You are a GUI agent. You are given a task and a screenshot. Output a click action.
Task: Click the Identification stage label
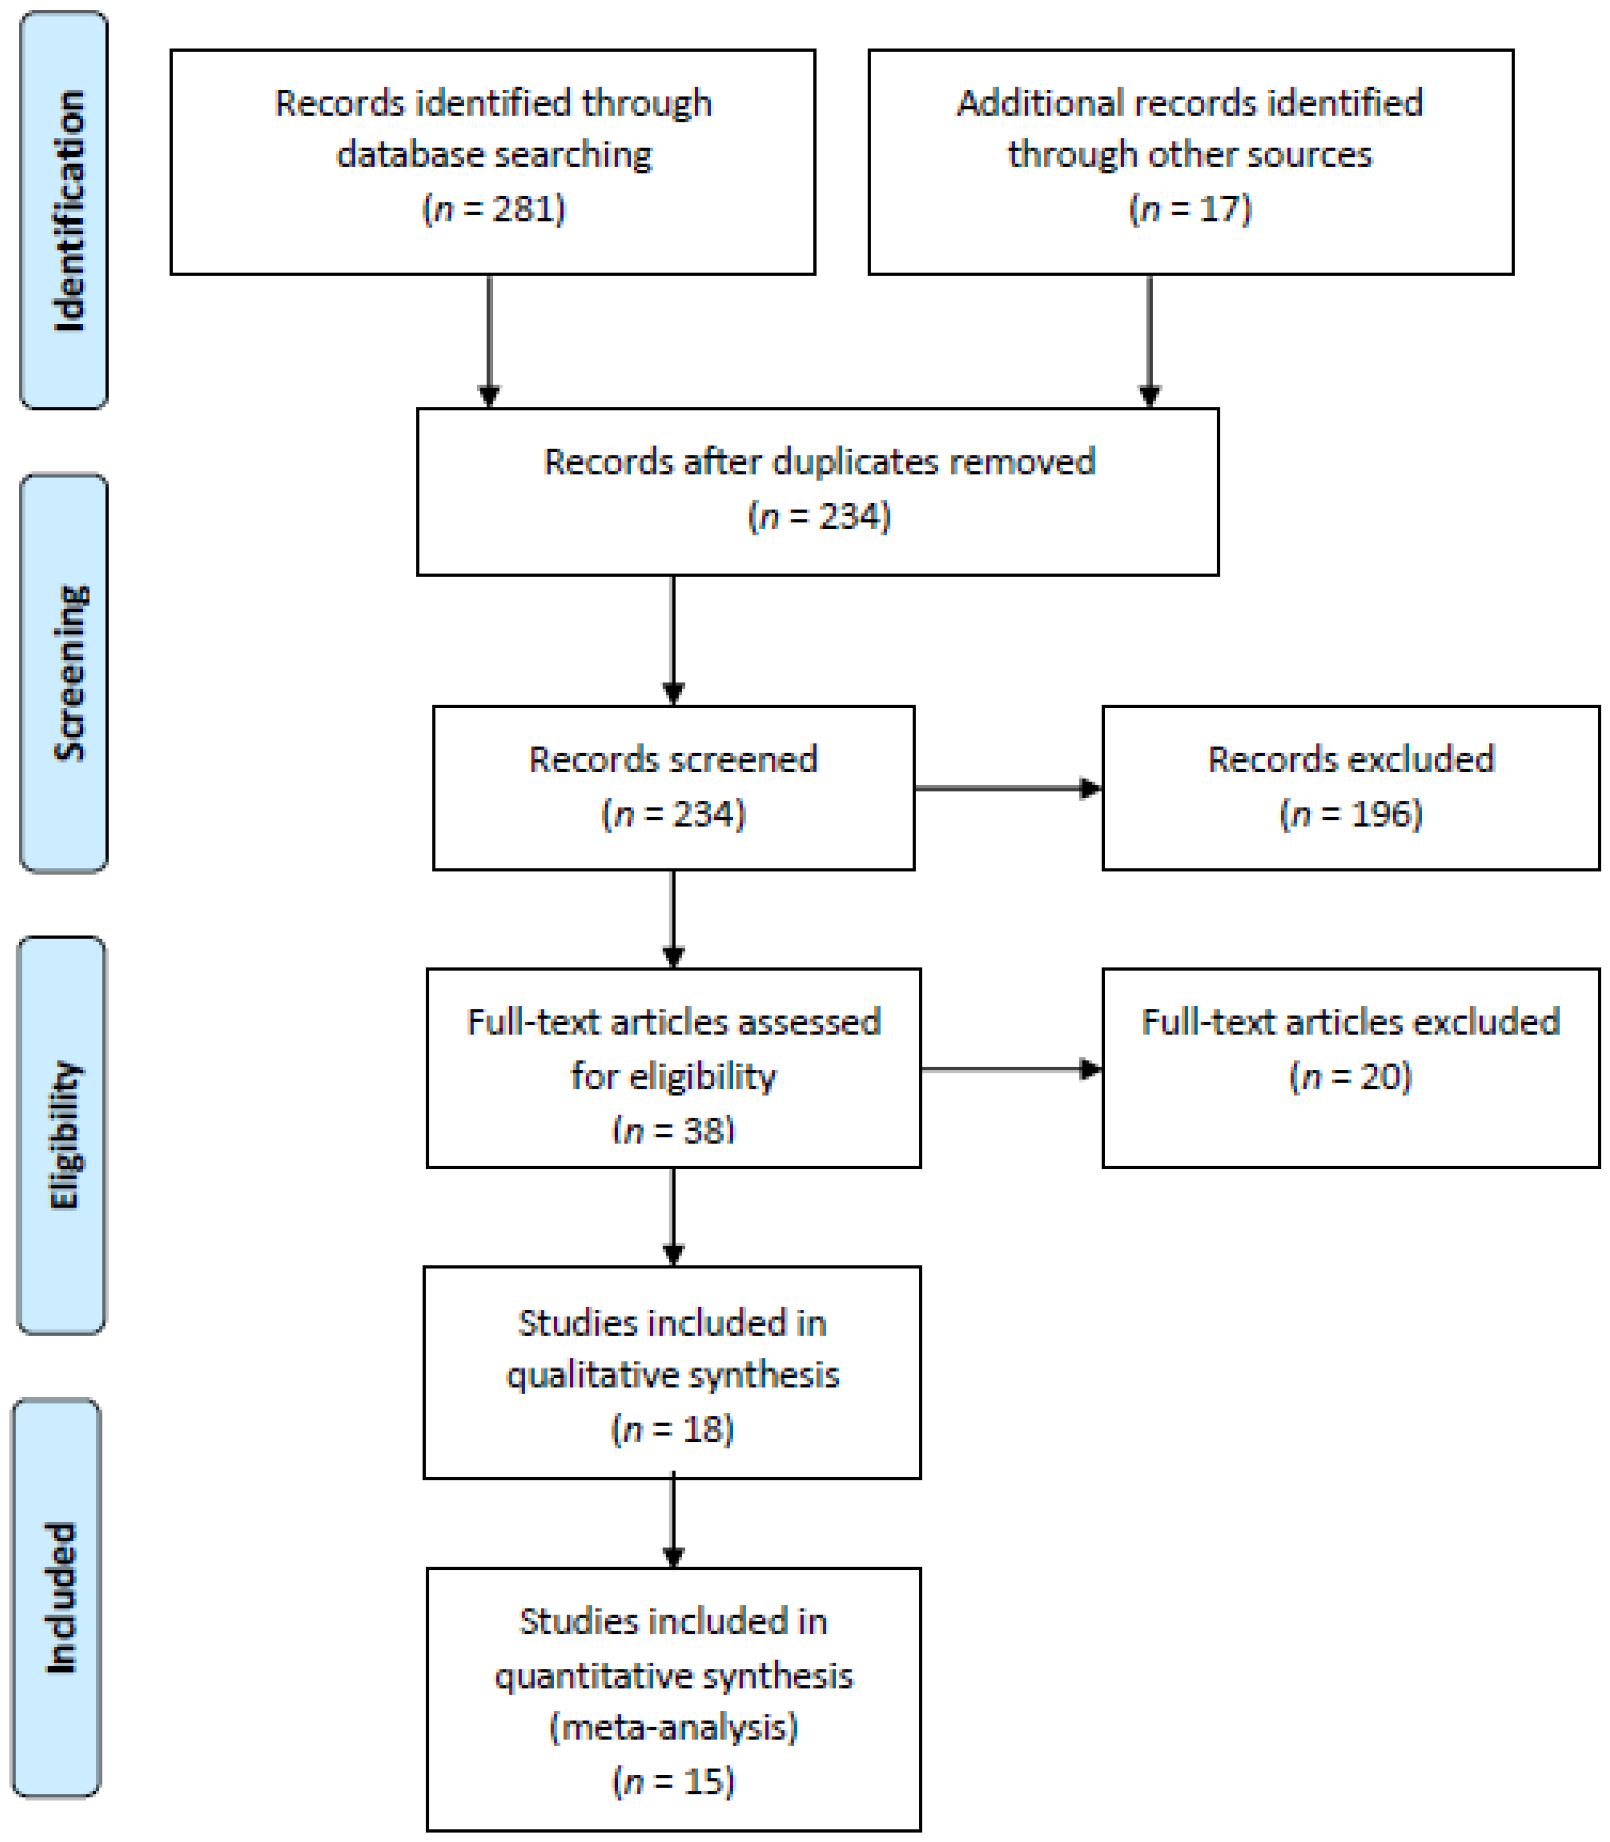coord(68,211)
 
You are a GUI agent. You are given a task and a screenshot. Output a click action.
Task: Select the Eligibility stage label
coord(65,1135)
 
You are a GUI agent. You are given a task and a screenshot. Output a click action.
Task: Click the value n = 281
coord(493,209)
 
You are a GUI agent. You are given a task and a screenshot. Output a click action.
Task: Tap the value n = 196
coord(1350,813)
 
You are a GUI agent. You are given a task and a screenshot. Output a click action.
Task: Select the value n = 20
coord(1350,1075)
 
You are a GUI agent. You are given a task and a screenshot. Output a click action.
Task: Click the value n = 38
coord(674,1129)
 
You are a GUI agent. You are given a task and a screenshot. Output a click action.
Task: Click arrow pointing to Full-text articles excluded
coord(1011,1069)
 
